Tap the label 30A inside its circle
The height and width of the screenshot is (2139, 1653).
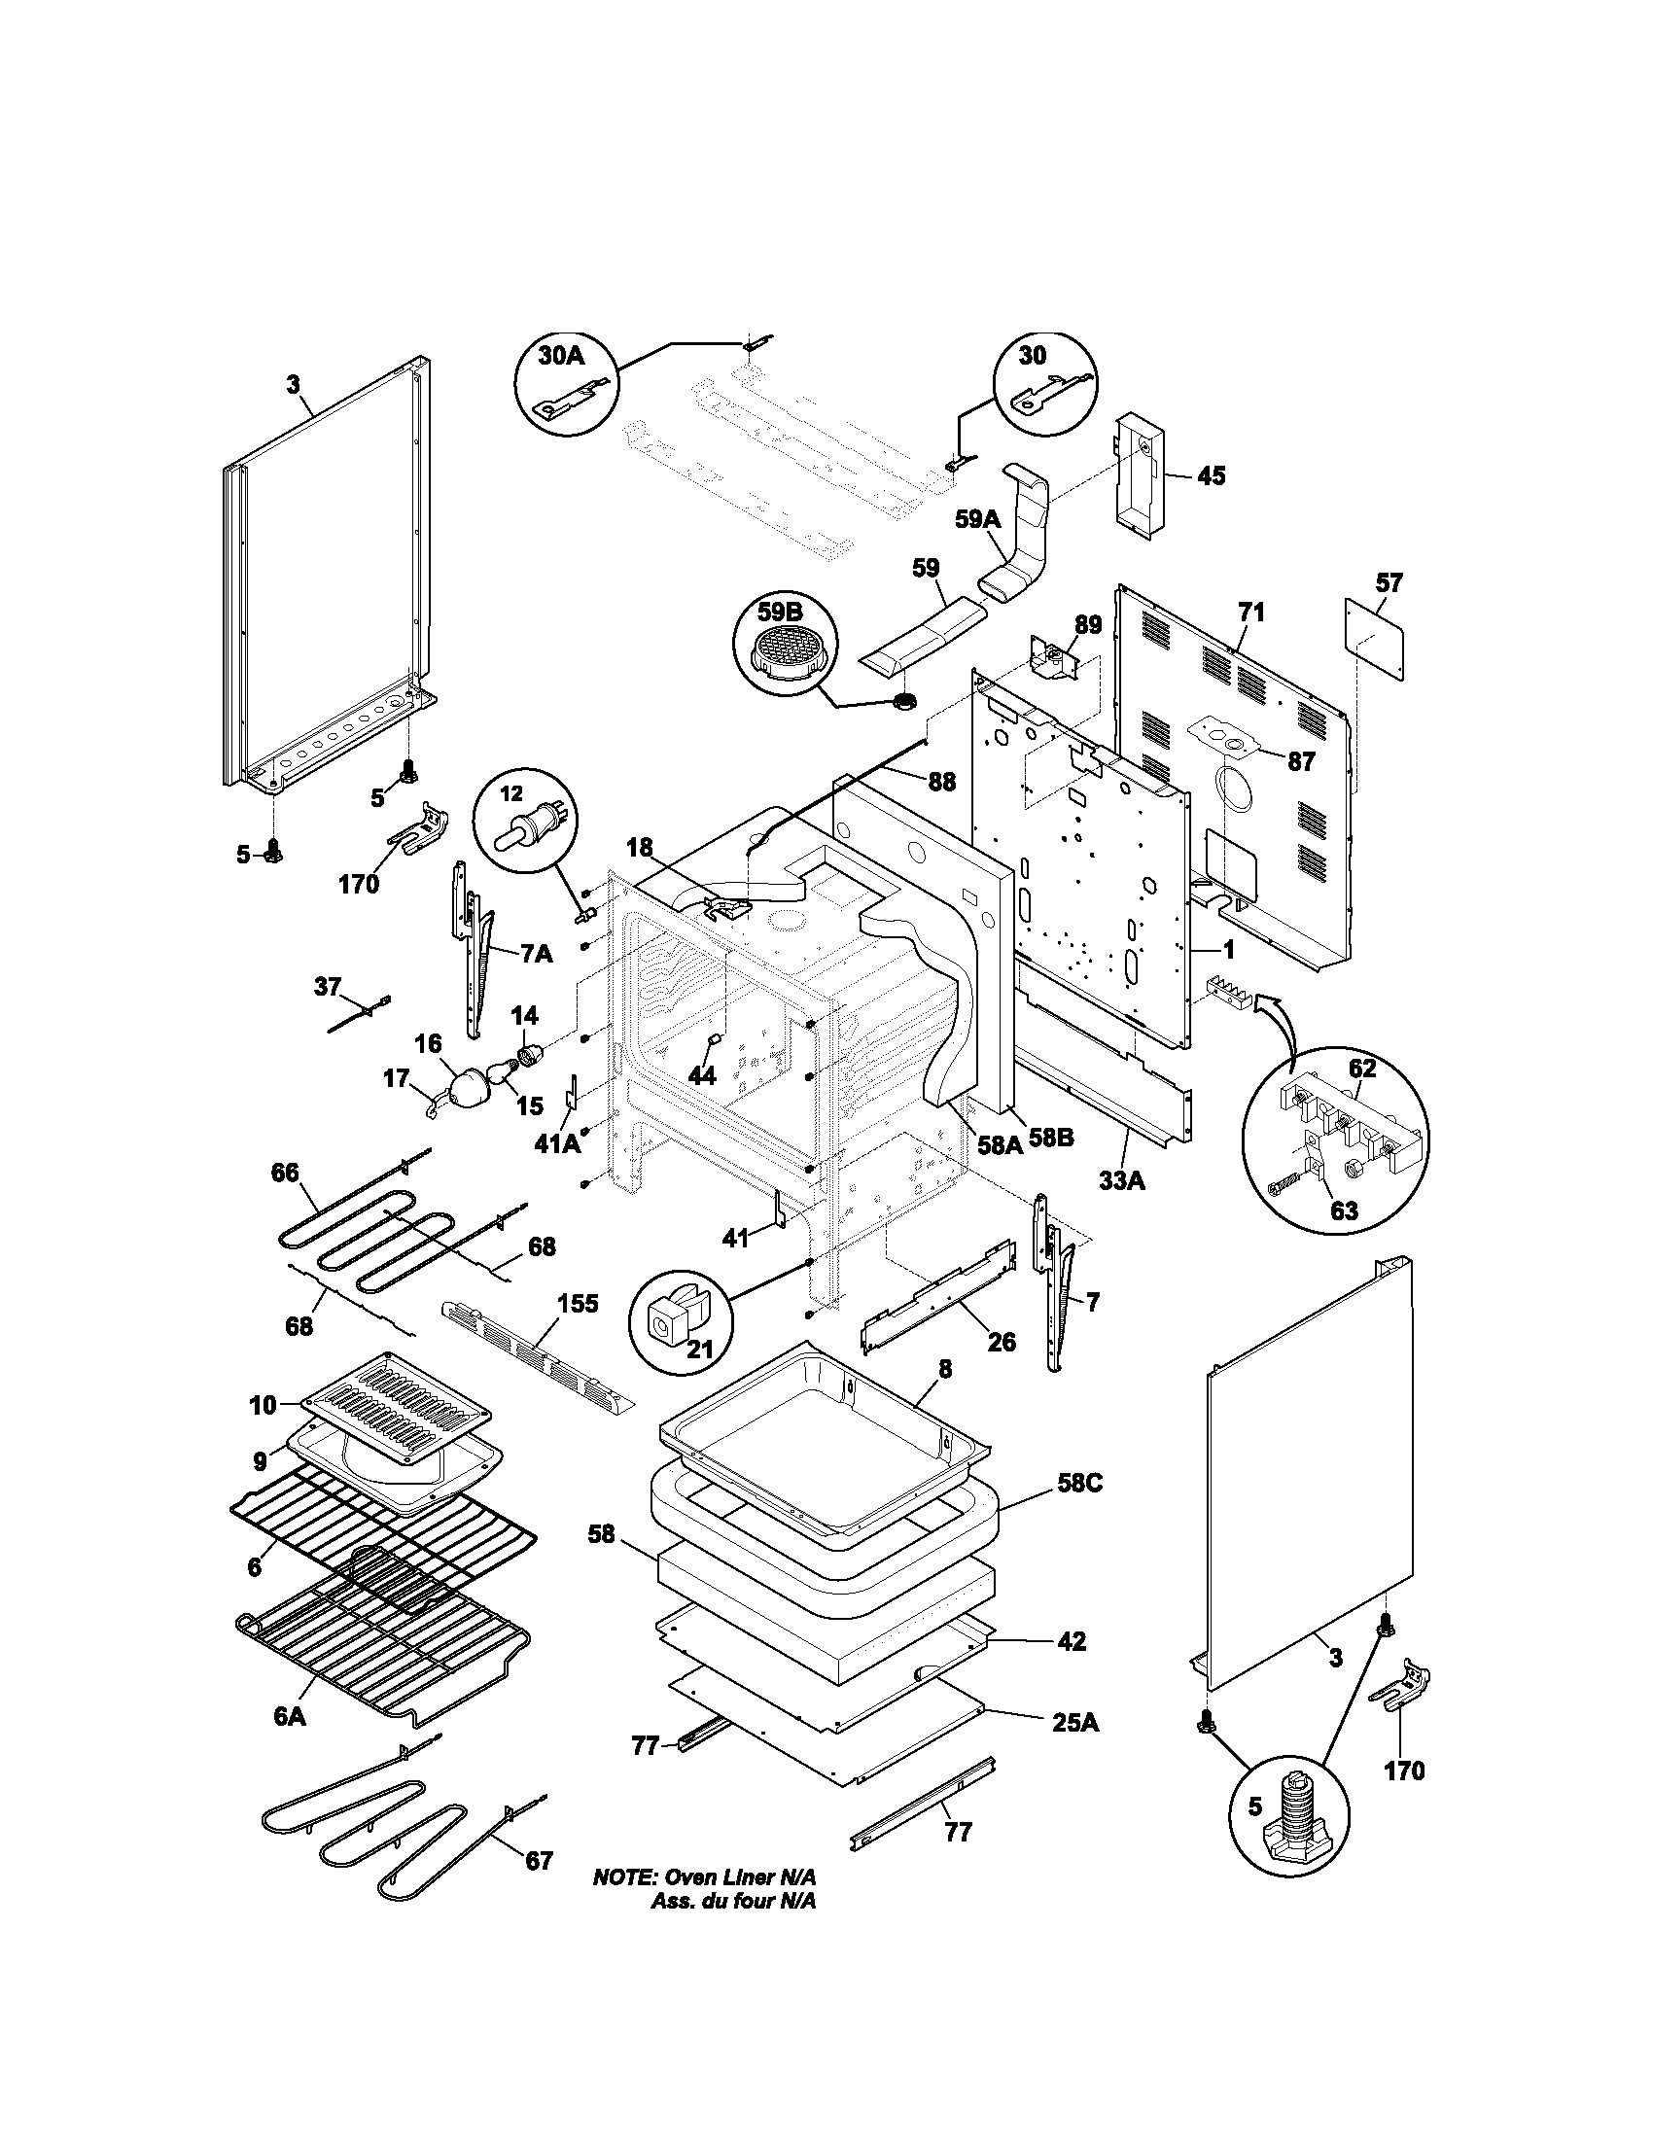click(561, 356)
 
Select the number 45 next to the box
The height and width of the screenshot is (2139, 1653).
click(1211, 476)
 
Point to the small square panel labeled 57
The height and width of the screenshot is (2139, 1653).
click(1375, 637)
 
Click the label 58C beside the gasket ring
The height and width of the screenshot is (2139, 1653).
click(1079, 1484)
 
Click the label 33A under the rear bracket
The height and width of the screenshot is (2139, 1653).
click(1121, 1182)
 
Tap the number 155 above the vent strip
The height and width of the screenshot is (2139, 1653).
click(578, 1305)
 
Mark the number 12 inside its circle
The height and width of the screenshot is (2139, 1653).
click(513, 793)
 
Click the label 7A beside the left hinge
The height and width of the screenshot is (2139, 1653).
click(536, 954)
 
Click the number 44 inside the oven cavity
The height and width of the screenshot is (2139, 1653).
click(701, 1075)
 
